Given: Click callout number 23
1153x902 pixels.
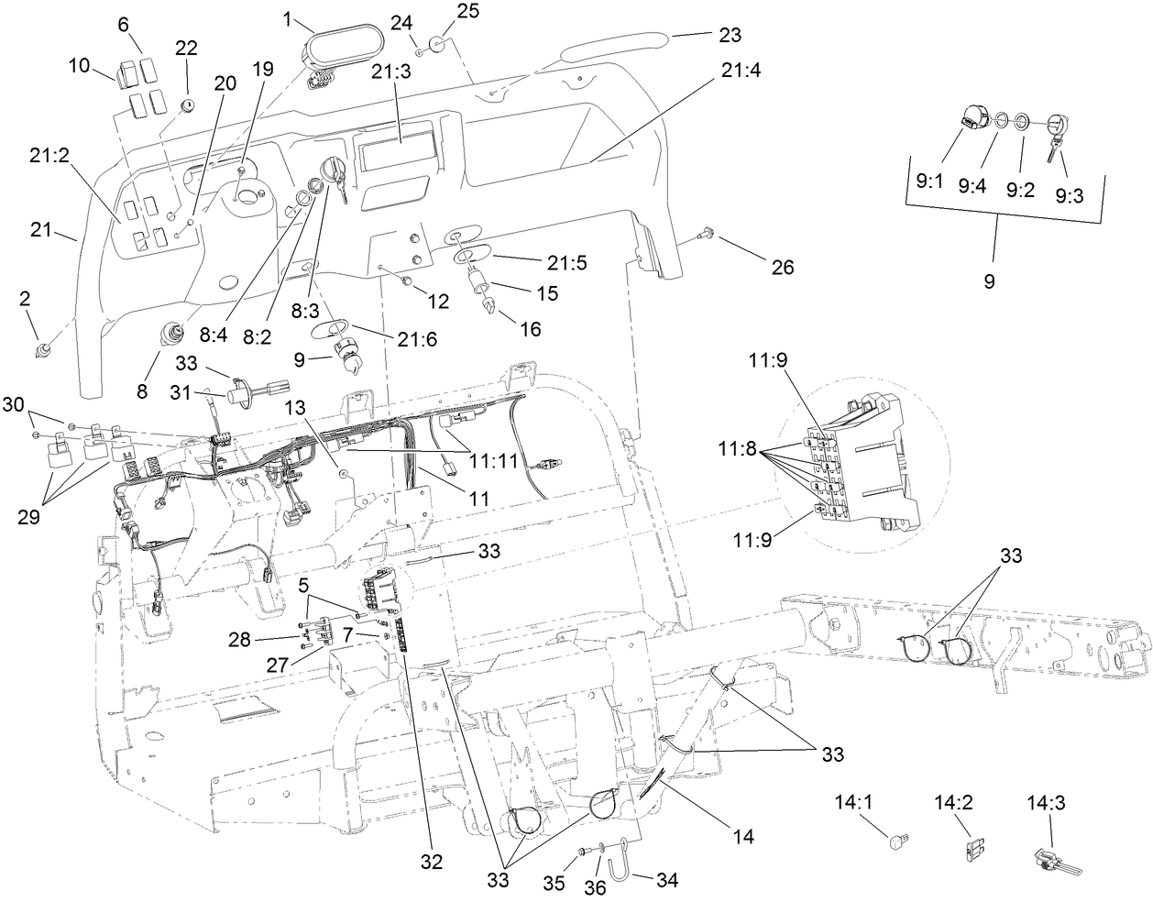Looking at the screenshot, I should point(730,35).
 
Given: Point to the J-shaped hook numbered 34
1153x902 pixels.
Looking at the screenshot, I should point(626,867).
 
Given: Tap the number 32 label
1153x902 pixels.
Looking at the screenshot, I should point(431,862).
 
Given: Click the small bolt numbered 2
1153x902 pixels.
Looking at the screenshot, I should point(42,349).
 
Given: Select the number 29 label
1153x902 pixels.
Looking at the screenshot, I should point(28,516).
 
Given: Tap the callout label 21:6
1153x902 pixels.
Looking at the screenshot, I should point(418,338).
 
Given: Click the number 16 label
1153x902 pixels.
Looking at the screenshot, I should point(530,327).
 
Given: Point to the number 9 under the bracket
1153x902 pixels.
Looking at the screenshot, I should point(989,281).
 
